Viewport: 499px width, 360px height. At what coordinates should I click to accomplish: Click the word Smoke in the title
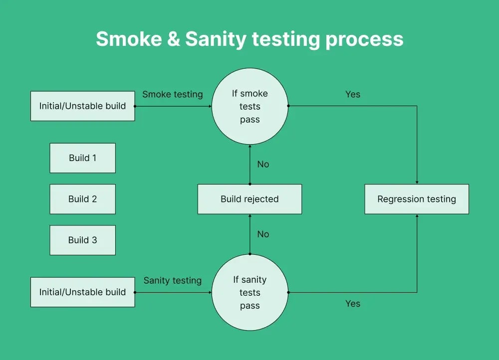(127, 39)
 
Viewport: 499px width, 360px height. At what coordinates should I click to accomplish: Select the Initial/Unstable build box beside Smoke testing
(82, 106)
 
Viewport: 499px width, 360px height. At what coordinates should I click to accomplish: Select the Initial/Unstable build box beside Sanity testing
(82, 292)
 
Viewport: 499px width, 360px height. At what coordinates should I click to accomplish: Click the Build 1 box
(82, 158)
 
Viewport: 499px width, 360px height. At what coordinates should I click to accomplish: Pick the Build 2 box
(82, 199)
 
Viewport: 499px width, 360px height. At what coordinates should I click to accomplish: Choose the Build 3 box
(82, 240)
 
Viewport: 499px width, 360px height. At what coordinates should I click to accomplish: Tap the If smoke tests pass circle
(249, 106)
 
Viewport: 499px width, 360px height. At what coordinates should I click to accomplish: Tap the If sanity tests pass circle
(249, 292)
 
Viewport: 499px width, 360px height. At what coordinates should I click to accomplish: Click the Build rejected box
(249, 199)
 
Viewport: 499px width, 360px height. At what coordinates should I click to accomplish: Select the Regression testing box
(417, 199)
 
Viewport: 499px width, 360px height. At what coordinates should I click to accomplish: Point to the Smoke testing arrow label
(173, 94)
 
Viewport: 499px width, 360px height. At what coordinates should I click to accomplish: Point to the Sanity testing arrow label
(173, 280)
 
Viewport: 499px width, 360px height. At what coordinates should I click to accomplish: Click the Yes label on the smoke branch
(352, 94)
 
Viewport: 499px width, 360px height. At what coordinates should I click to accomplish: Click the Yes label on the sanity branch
(352, 304)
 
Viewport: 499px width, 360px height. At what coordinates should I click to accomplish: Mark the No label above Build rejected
(263, 164)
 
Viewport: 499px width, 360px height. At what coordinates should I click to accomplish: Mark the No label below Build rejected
(263, 234)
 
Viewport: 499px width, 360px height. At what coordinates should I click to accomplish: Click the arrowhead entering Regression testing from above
(417, 182)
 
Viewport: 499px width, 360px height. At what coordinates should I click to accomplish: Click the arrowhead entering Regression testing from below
(417, 216)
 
